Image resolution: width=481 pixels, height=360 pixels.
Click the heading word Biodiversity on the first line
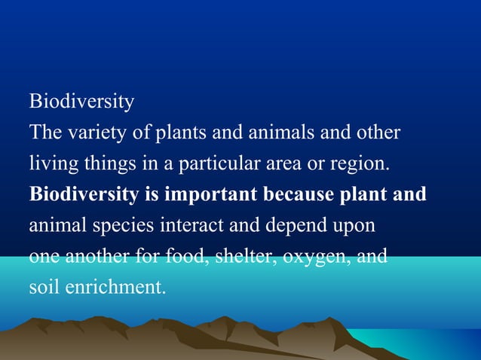click(x=81, y=101)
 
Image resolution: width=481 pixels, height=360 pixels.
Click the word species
click(x=112, y=225)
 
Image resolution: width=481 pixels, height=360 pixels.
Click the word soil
click(x=42, y=287)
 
